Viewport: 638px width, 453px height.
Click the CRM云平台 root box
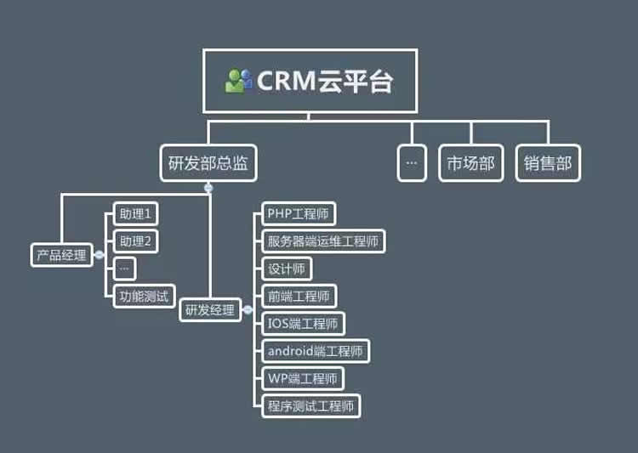310,81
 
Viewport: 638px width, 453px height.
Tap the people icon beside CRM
239,81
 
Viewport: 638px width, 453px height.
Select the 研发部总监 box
208,164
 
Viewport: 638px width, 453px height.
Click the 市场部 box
470,164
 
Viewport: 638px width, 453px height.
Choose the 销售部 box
548,164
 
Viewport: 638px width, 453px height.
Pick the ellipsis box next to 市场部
412,164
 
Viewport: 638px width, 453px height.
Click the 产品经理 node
61,254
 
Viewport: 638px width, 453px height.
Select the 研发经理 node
209,310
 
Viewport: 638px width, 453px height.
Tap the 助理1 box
135,214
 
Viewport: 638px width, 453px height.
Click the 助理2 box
135,241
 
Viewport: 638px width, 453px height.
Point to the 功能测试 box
144,296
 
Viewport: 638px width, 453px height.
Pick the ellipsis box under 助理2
124,269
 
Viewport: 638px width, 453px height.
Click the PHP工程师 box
297,213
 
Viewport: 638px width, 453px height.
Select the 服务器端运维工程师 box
322,241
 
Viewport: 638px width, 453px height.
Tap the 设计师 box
285,269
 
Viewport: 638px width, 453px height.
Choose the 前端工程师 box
298,296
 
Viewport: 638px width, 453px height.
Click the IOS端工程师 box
302,323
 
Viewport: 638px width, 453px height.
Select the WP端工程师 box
301,377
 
